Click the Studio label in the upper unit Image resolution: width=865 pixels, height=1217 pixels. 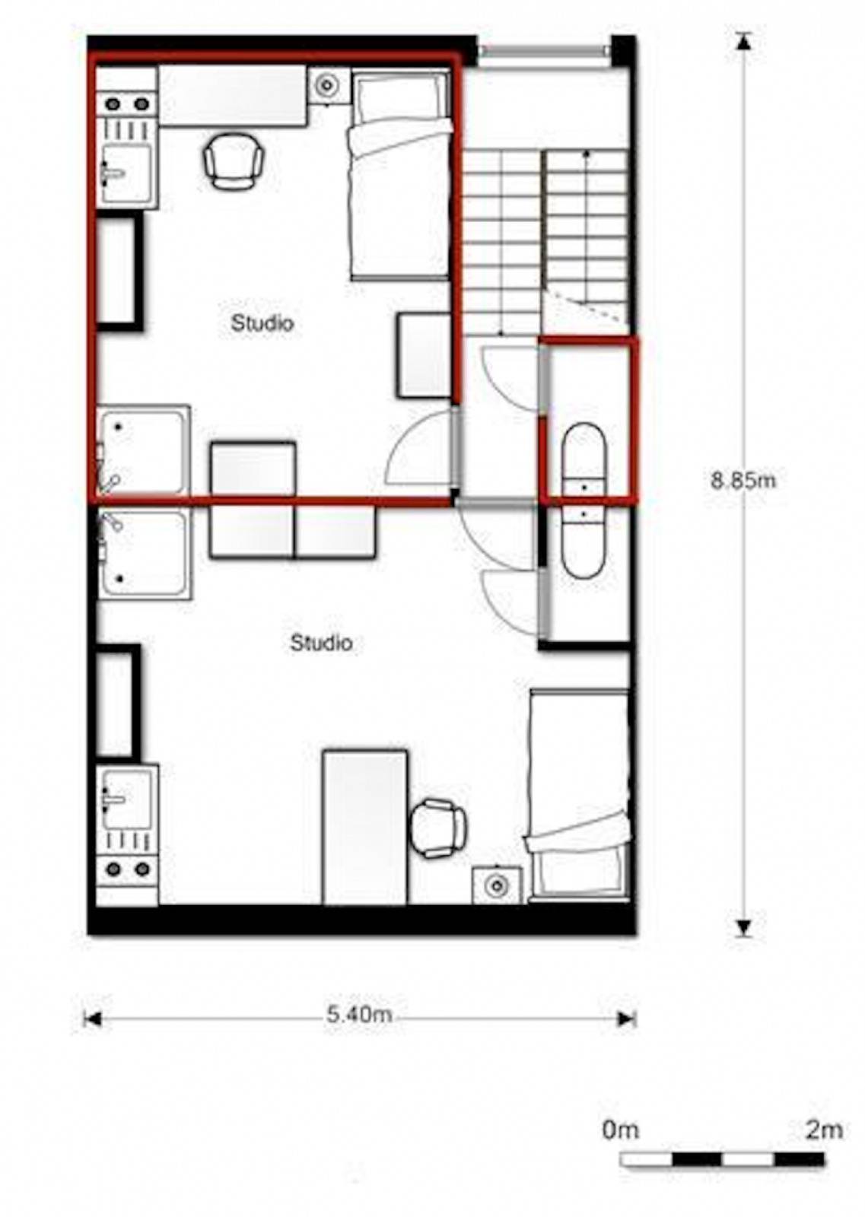(x=262, y=323)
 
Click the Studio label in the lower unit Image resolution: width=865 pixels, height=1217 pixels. (x=322, y=643)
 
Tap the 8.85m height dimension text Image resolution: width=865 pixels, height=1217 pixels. (x=743, y=480)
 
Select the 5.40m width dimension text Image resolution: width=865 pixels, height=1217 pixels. (x=359, y=1014)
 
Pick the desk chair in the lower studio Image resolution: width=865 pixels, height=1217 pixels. (x=438, y=828)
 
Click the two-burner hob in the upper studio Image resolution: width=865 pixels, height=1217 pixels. (x=127, y=103)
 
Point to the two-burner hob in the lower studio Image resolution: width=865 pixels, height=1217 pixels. (x=127, y=869)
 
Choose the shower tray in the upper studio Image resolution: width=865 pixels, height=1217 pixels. (x=144, y=451)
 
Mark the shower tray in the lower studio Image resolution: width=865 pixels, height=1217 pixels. (x=144, y=552)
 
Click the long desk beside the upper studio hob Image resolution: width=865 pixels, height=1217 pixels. (x=234, y=96)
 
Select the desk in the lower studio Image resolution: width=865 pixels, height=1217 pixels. (x=365, y=827)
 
